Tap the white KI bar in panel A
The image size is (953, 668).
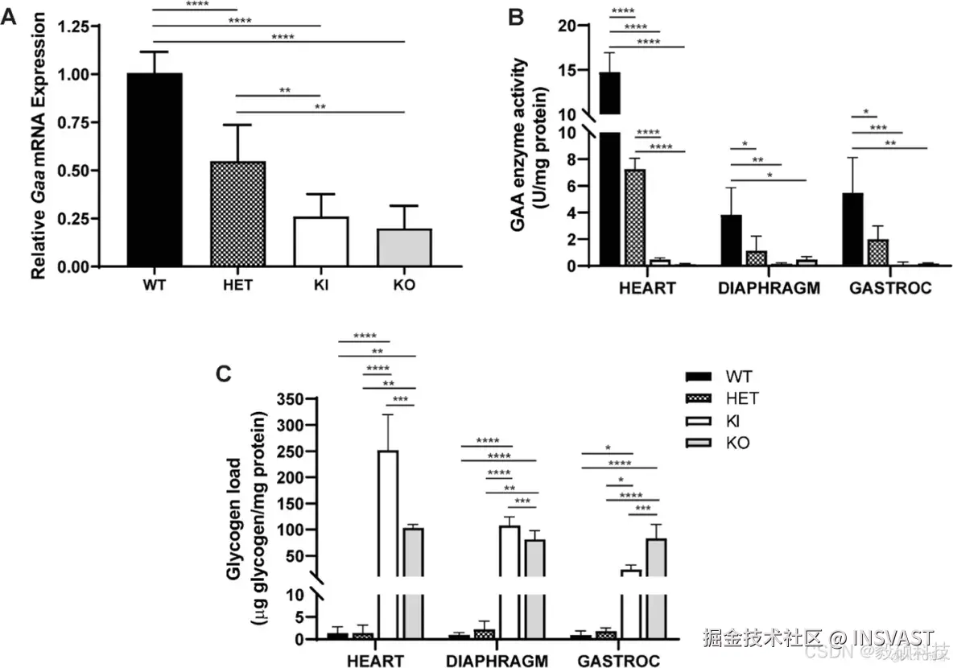coord(320,241)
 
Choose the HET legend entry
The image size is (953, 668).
coord(741,398)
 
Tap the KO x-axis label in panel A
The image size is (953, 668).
coord(404,286)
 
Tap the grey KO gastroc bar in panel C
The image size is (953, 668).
coord(656,588)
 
